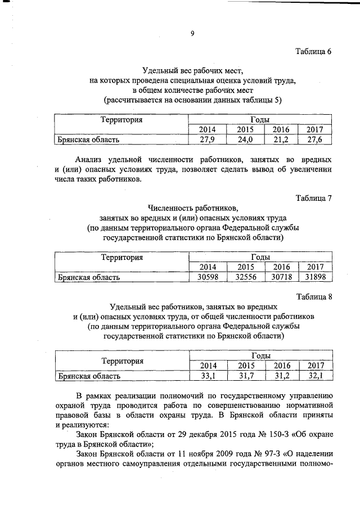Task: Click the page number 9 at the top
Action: click(192, 34)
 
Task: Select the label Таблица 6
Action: click(314, 52)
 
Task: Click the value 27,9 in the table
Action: click(208, 139)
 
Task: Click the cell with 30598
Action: click(208, 277)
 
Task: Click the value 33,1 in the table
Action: click(208, 376)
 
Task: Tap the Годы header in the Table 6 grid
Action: click(259, 120)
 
